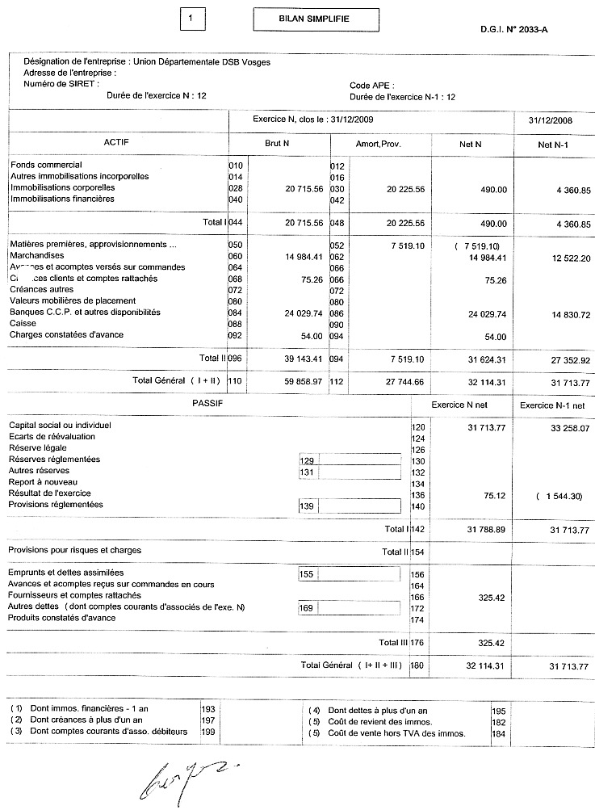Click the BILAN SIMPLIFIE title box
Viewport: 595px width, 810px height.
click(304, 18)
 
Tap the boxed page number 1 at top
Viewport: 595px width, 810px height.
click(189, 17)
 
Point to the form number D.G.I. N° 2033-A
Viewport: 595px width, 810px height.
click(519, 29)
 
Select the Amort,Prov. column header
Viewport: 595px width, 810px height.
click(378, 144)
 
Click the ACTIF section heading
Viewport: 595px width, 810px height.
click(116, 142)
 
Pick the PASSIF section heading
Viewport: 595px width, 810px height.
click(207, 402)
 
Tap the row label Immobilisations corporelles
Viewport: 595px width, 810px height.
click(61, 187)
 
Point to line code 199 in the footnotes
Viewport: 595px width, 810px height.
click(207, 732)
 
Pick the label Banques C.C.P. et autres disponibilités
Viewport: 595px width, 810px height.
click(85, 312)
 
